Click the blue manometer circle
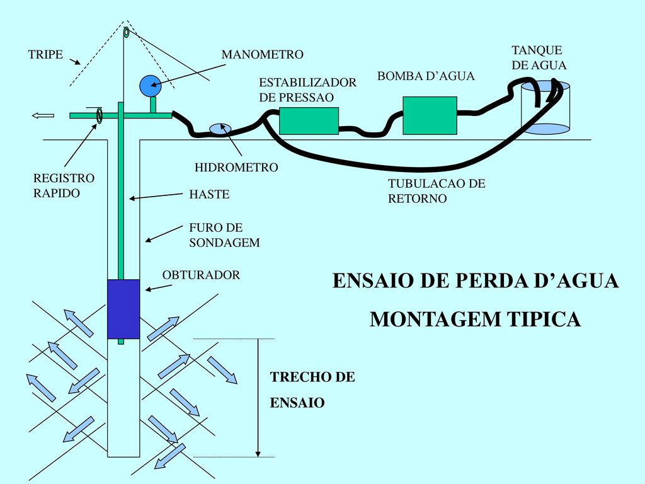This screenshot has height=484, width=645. point(150,86)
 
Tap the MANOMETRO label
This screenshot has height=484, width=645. point(262,55)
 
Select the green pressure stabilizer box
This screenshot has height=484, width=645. point(309,121)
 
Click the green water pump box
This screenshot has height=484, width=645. point(430,115)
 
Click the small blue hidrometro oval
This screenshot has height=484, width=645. point(220,129)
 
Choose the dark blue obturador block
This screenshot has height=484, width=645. point(123,309)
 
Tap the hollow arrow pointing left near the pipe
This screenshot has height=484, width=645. point(43,115)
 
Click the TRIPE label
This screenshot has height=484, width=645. point(46,55)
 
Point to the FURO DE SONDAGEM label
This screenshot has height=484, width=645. point(224,235)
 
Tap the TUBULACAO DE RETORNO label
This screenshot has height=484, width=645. point(437,191)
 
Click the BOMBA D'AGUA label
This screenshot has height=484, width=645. point(425,76)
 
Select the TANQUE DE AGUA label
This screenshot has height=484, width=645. point(539,57)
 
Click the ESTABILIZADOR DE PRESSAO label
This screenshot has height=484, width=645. point(307,90)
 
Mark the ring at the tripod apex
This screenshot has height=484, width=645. point(126,32)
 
